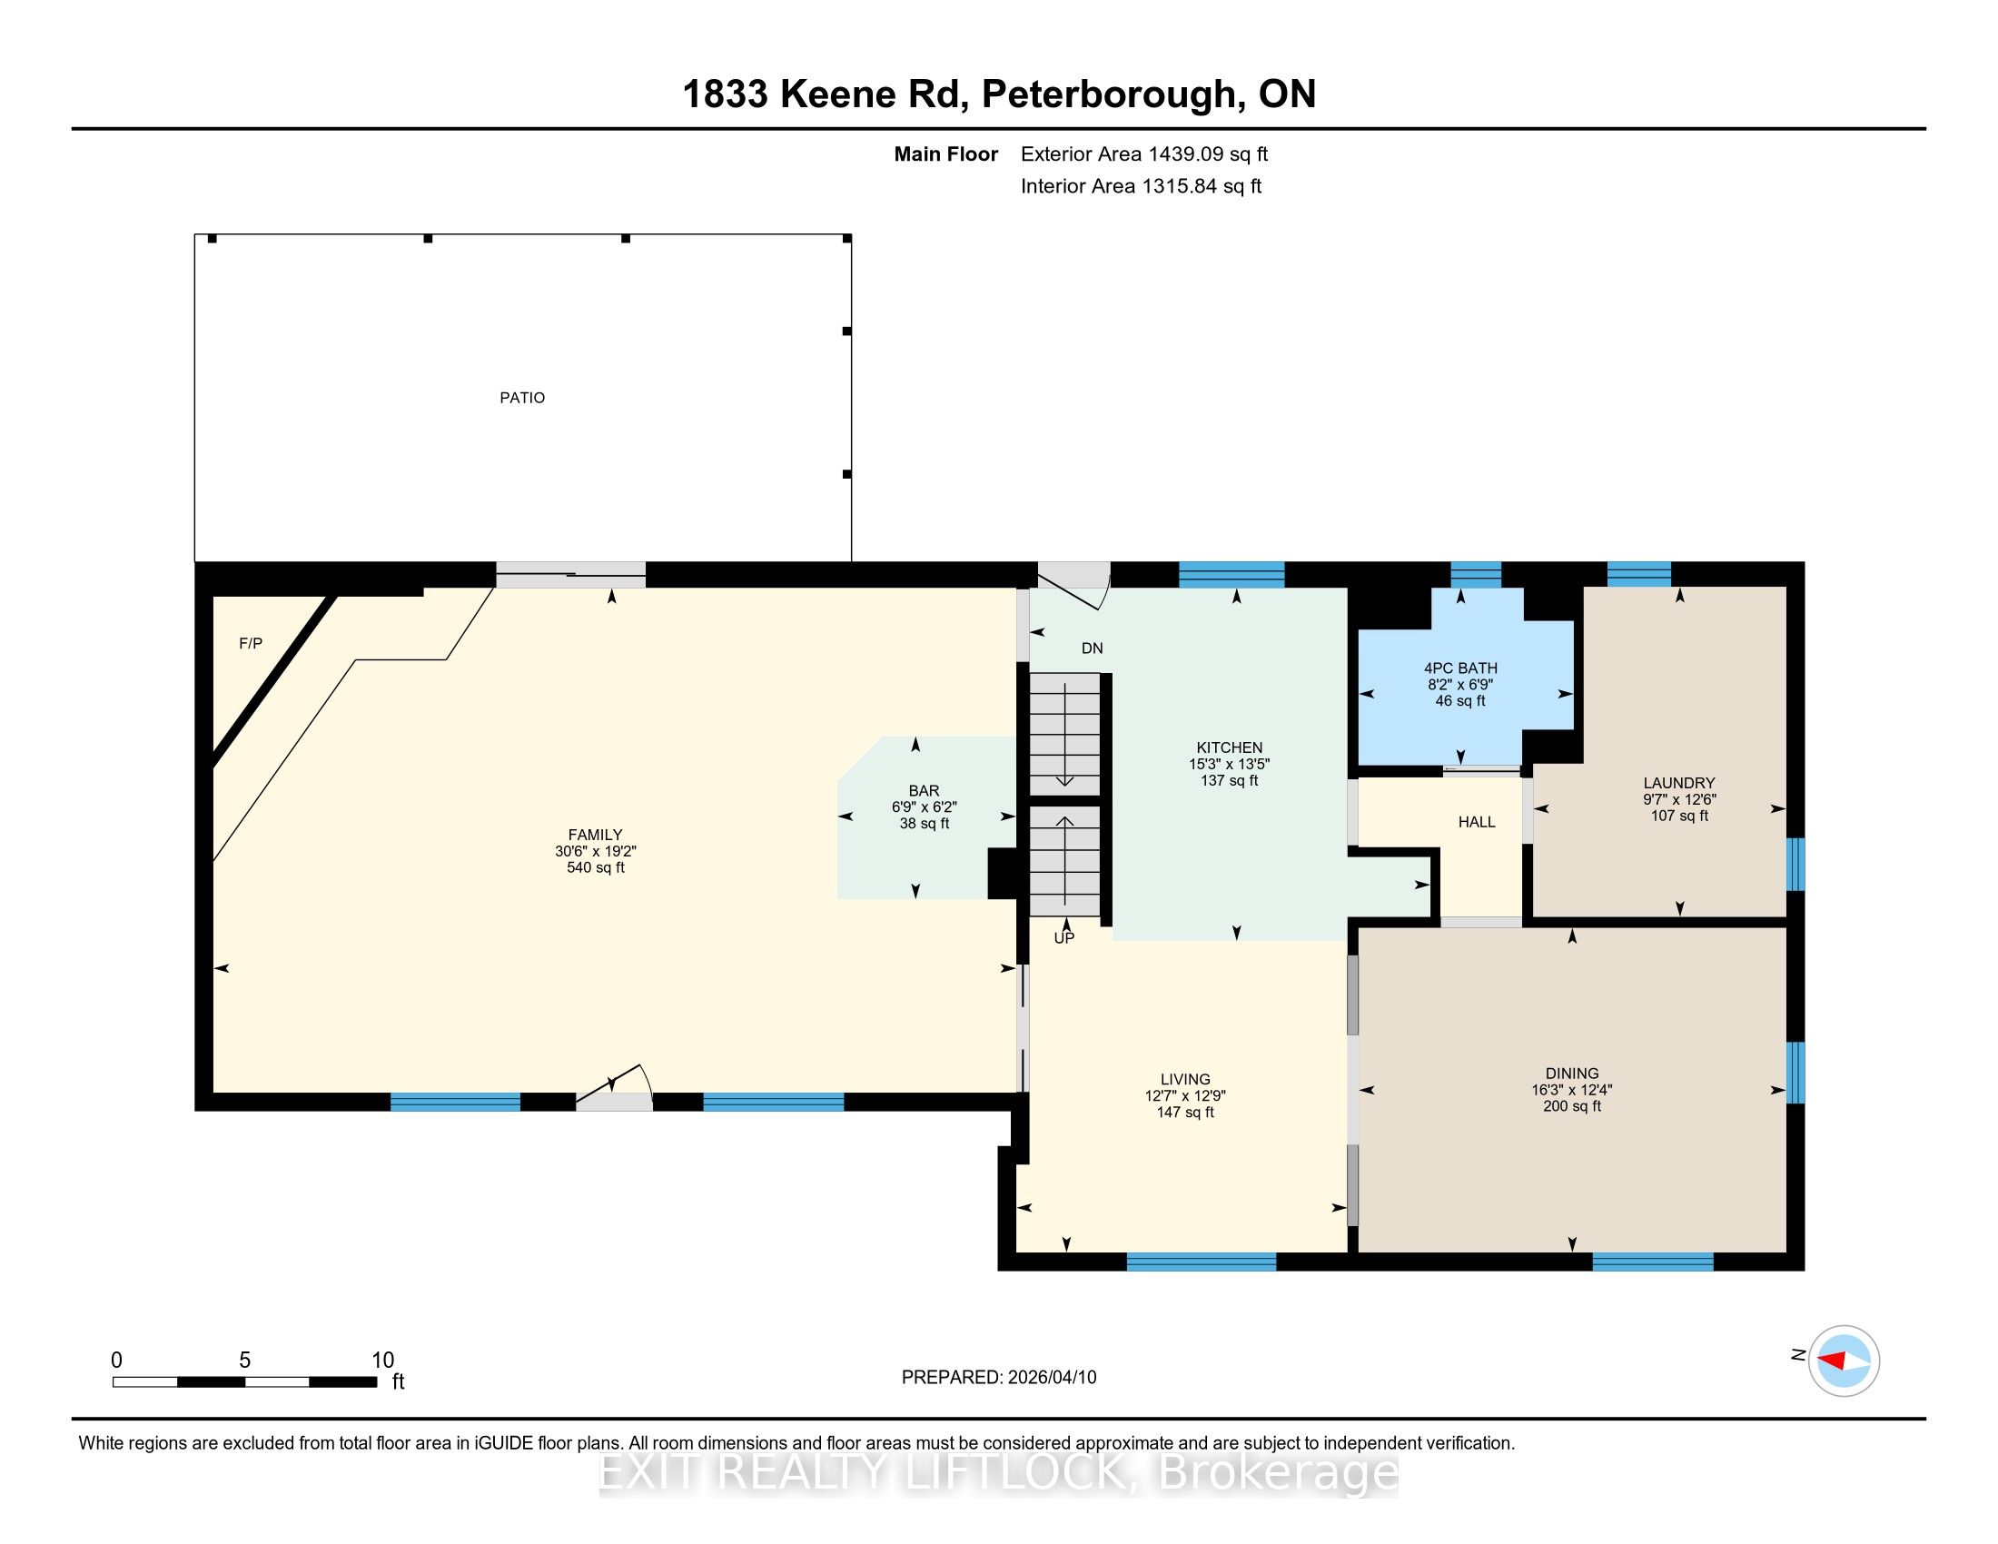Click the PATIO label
[x=522, y=398]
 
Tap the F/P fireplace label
[x=251, y=644]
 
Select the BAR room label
[x=924, y=790]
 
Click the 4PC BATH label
[x=1460, y=668]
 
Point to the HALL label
[x=1477, y=822]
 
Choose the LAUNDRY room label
[x=1678, y=783]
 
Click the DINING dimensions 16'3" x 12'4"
[x=1572, y=1090]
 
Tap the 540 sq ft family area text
[x=596, y=867]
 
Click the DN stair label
[x=1093, y=648]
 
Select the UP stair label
[x=1064, y=937]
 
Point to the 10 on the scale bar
[x=382, y=1361]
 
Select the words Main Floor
[x=946, y=154]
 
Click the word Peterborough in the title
[x=1108, y=95]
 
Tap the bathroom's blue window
[x=1476, y=574]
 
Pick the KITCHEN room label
[x=1230, y=747]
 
